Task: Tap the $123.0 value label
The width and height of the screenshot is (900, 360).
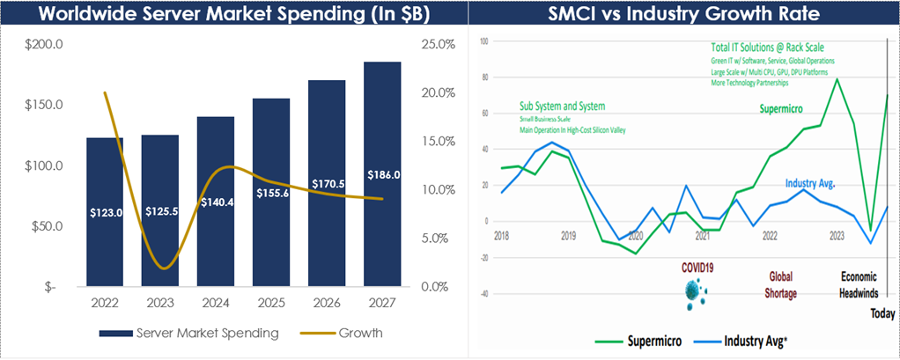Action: coord(105,212)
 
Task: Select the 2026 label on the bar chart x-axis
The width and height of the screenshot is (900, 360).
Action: coord(327,304)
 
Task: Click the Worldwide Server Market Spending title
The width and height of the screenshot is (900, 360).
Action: coord(226,13)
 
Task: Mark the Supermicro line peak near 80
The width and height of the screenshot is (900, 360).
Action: coord(836,79)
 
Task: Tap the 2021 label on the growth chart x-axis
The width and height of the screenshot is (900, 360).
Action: coord(702,236)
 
